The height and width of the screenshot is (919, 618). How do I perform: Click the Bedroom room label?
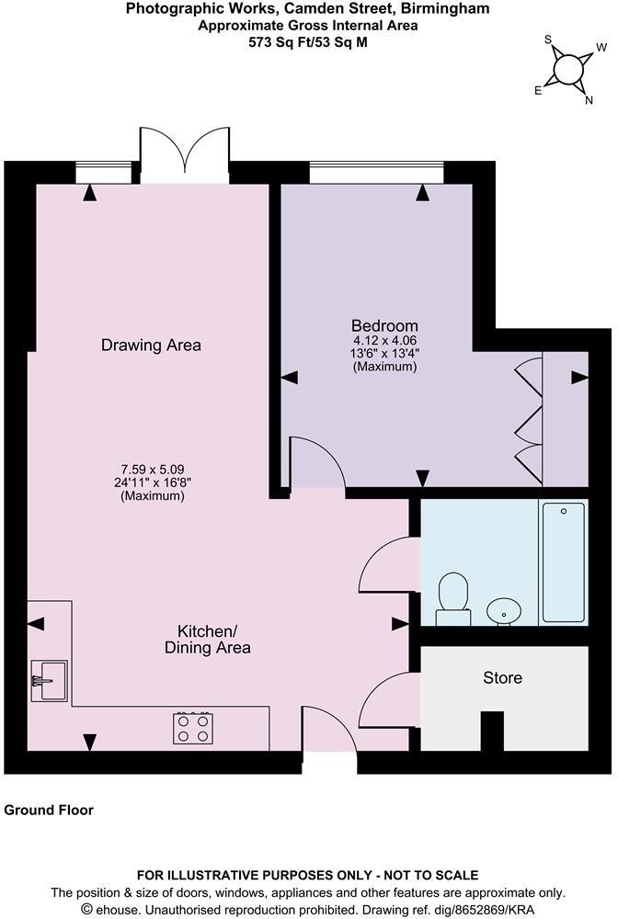[x=384, y=325]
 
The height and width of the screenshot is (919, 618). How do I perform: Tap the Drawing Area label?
[x=151, y=346]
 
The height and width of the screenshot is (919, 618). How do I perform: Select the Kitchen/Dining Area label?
[x=213, y=640]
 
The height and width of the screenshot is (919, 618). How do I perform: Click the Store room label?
[x=502, y=678]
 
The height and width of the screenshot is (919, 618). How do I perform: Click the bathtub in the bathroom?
[x=564, y=562]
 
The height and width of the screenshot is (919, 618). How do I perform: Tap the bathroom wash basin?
[x=503, y=610]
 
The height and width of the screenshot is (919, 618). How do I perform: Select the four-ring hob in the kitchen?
[x=193, y=728]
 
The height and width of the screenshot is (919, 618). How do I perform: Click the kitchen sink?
[x=48, y=680]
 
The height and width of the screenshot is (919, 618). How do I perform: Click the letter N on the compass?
[x=589, y=101]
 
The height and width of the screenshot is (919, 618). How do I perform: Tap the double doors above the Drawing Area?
[x=185, y=150]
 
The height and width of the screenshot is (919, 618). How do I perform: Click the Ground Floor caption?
[x=49, y=811]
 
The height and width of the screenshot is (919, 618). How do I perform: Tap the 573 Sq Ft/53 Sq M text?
[x=308, y=41]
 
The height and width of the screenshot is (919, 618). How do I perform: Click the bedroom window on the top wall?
[x=376, y=173]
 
